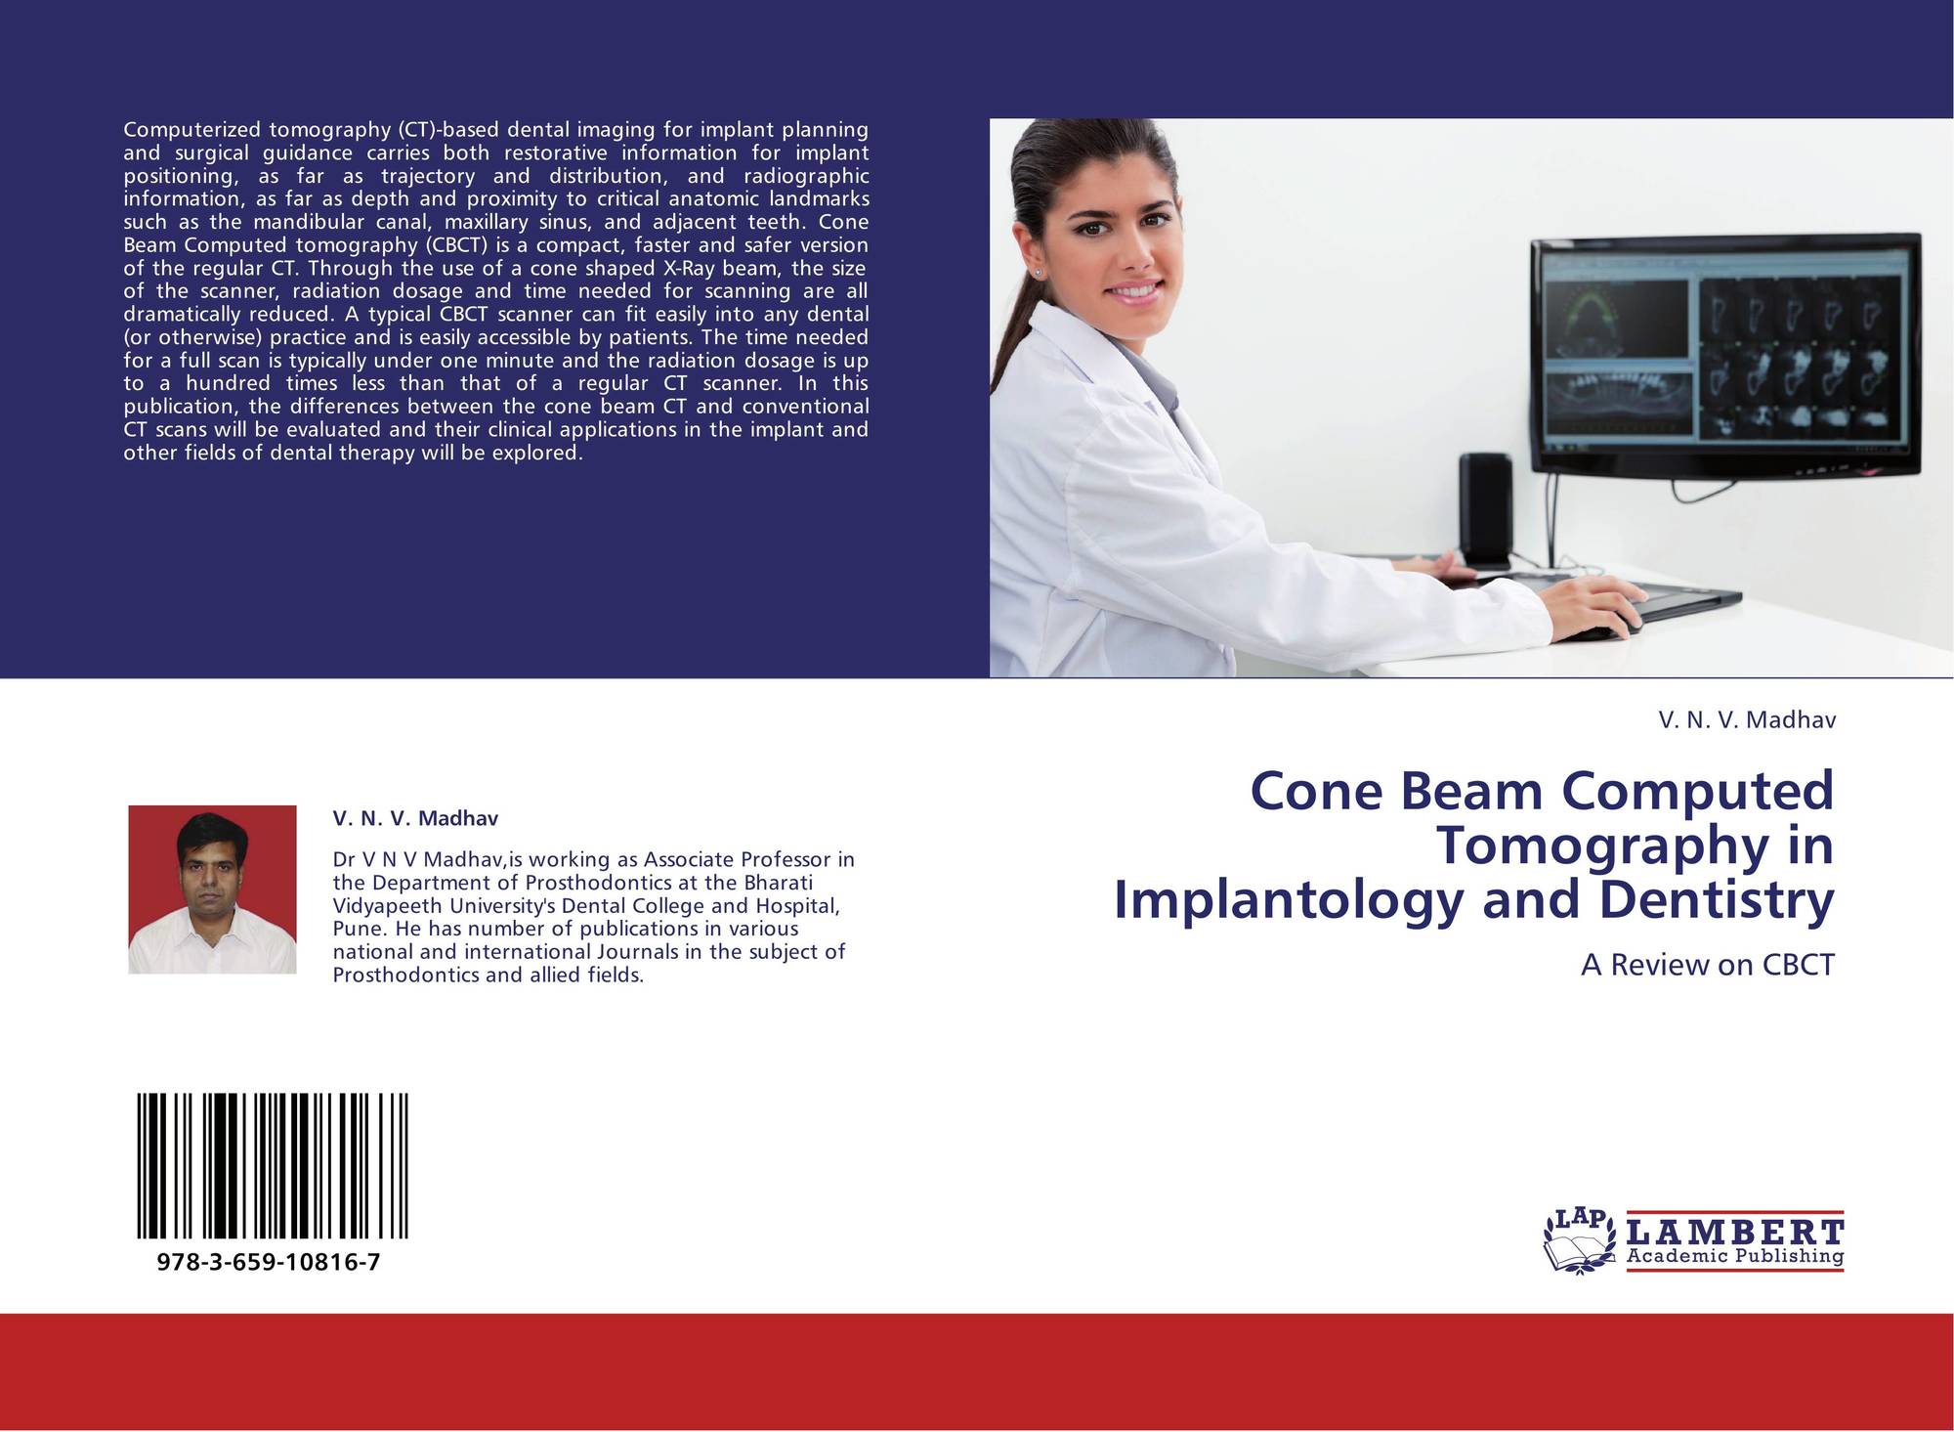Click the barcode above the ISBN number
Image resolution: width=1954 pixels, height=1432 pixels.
(273, 1166)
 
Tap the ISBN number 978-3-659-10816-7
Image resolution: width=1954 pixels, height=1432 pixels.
(269, 1262)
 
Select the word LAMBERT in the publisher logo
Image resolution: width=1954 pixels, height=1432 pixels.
(1735, 1231)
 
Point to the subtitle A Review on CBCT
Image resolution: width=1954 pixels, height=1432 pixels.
(1708, 965)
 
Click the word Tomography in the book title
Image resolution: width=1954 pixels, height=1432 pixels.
(1603, 846)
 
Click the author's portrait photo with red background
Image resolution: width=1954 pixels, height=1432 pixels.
(212, 890)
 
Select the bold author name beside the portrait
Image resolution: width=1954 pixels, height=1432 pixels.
(415, 818)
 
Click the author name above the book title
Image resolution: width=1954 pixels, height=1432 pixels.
(1747, 720)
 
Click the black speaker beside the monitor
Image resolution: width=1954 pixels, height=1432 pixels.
(1486, 511)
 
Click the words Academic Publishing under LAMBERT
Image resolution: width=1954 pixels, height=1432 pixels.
(1735, 1257)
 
